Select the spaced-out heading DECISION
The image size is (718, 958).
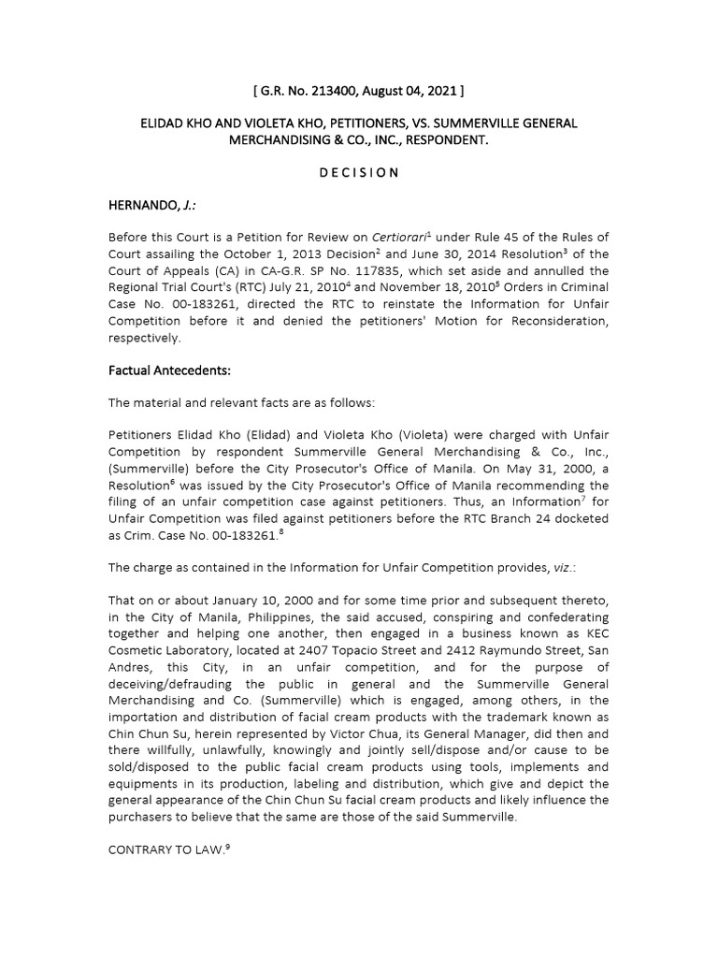pos(359,172)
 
